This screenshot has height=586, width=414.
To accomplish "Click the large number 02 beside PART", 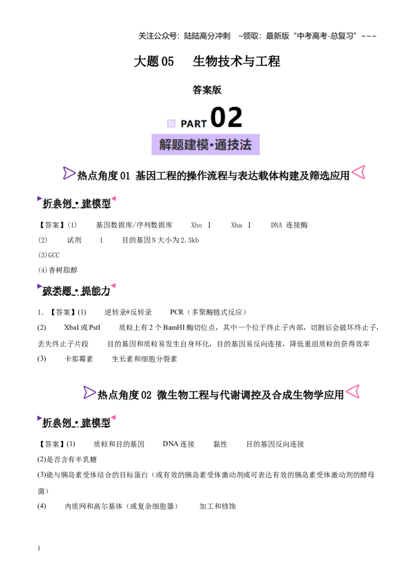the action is click(227, 118).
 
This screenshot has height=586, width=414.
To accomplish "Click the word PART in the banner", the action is click(194, 124).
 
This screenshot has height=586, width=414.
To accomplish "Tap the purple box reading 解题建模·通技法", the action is click(205, 144).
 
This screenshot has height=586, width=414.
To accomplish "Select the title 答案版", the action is click(207, 90).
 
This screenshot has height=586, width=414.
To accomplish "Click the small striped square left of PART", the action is click(171, 123).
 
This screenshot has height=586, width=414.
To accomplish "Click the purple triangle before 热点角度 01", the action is click(69, 173).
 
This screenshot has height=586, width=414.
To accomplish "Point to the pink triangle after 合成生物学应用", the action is click(353, 391).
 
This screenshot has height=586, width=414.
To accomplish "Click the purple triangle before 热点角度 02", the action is click(90, 392).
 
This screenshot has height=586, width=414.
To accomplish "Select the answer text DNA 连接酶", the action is click(289, 225).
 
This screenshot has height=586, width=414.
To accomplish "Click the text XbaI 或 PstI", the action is click(82, 327).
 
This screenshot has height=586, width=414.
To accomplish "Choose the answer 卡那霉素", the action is click(79, 359).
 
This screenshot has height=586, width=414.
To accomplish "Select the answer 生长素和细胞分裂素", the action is click(144, 359).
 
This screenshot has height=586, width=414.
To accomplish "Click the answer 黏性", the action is click(220, 444).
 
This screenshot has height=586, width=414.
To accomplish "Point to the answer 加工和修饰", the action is click(218, 506).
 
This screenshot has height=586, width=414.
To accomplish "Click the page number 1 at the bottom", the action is click(39, 548).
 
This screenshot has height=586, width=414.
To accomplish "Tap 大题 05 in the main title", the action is click(154, 61).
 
